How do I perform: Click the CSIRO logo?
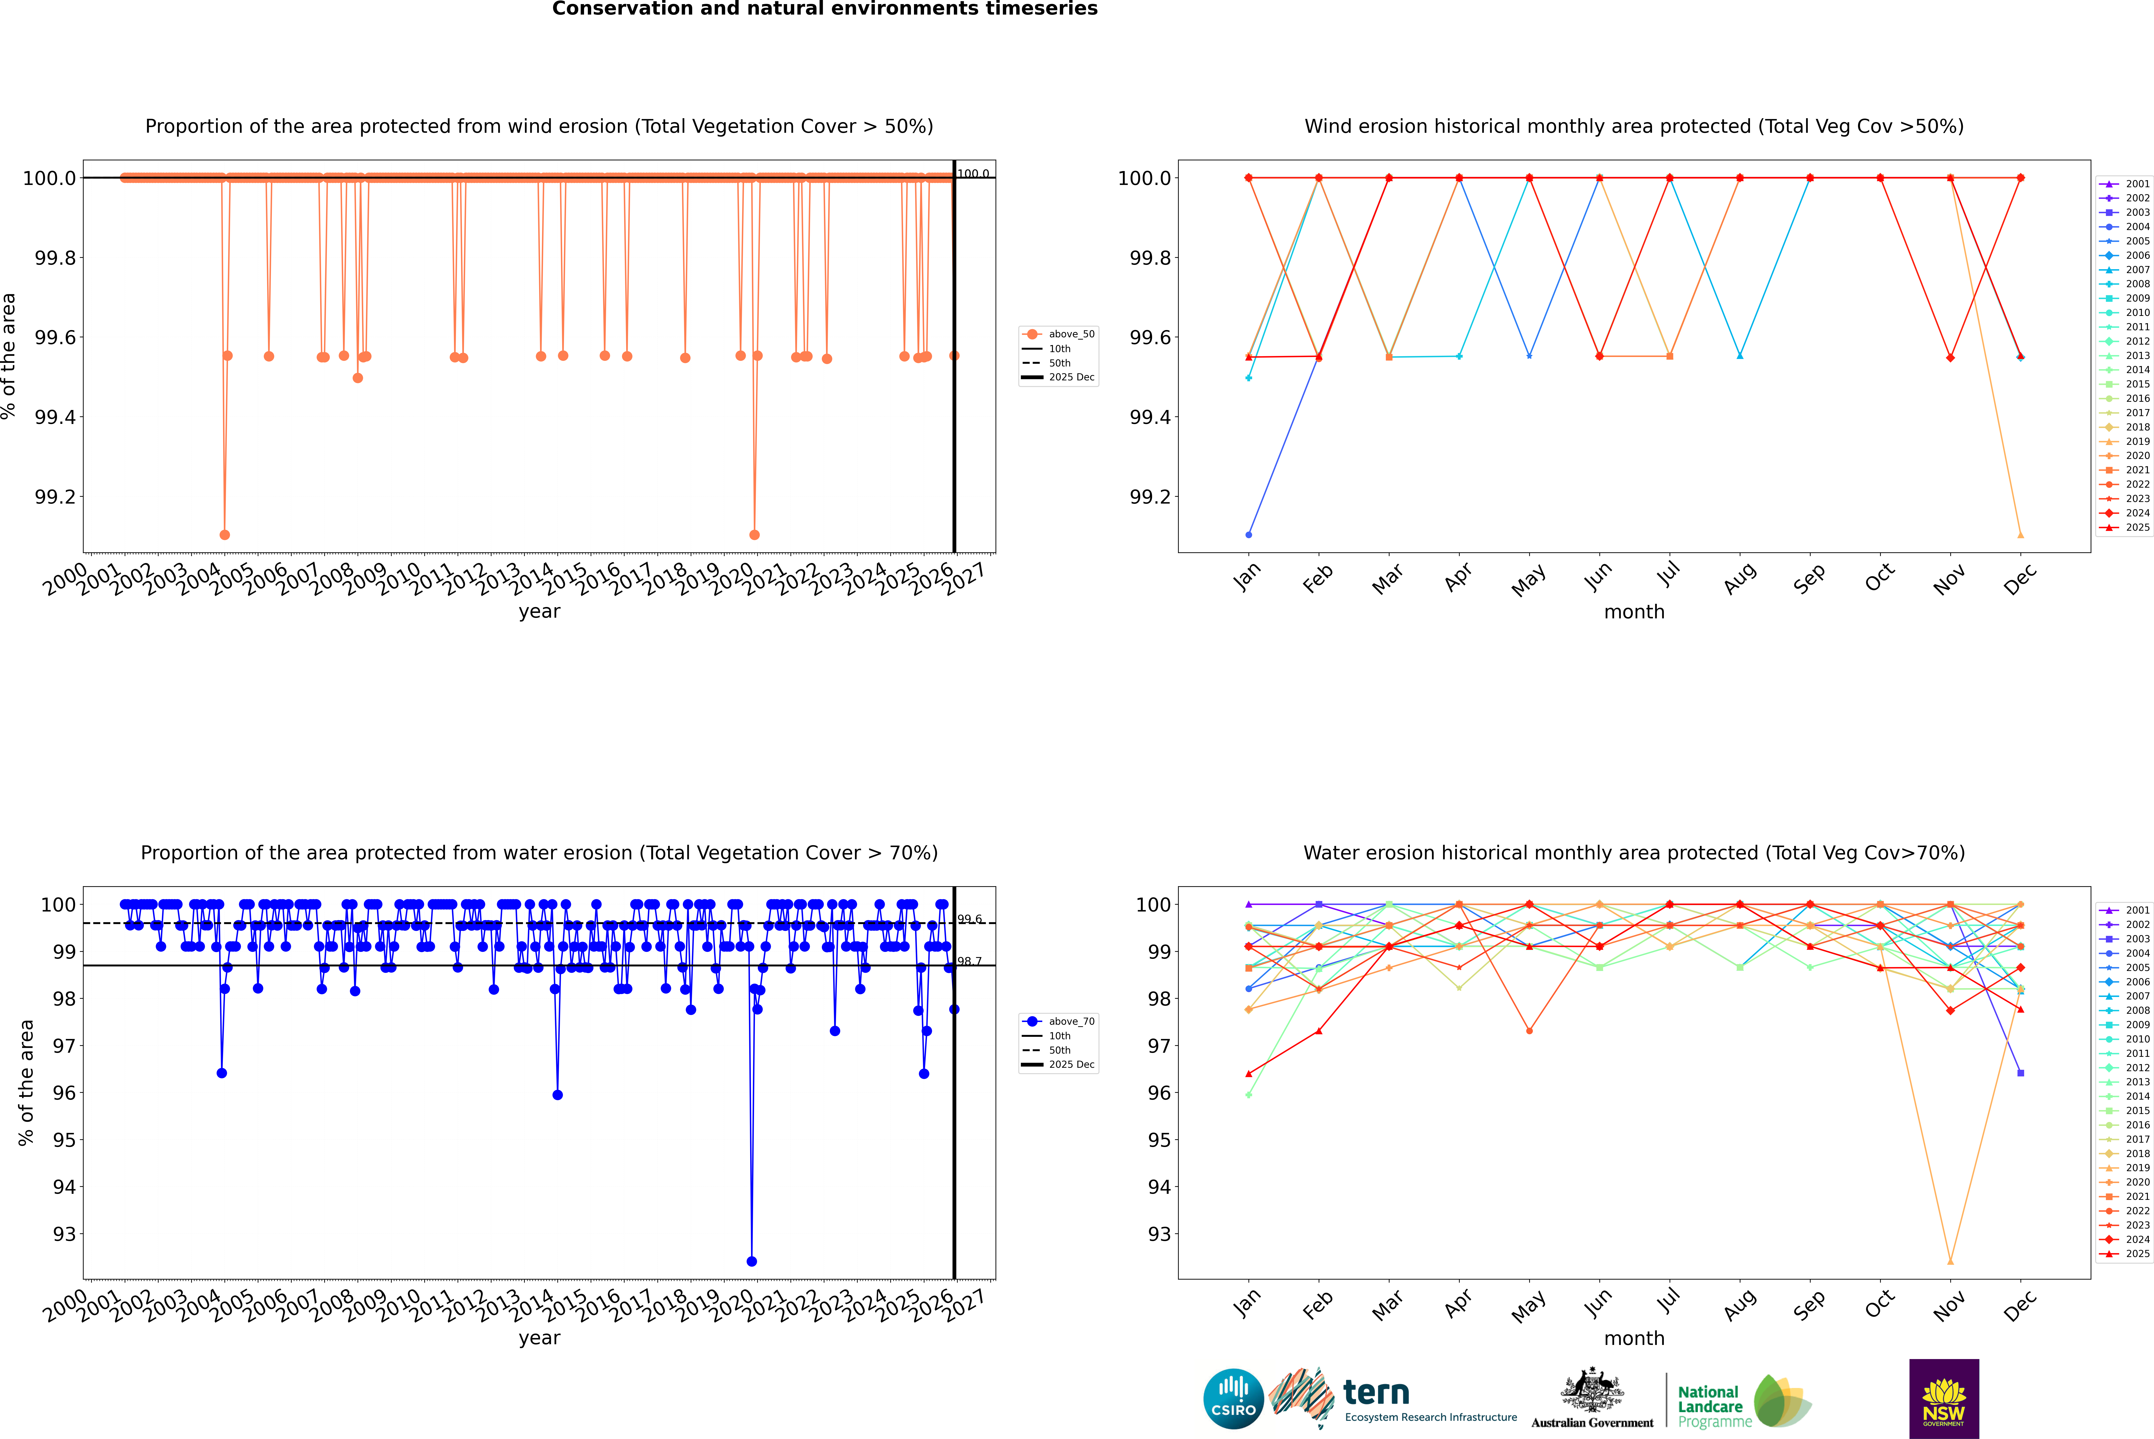[x=1233, y=1399]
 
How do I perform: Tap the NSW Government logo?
[x=1944, y=1399]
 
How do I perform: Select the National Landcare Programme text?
[x=1710, y=1407]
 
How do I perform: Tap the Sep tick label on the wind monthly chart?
[x=1809, y=578]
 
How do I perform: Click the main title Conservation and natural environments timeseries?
[x=824, y=9]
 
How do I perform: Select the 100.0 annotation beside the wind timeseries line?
[x=973, y=174]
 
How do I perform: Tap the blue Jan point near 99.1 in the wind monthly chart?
[x=1249, y=534]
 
